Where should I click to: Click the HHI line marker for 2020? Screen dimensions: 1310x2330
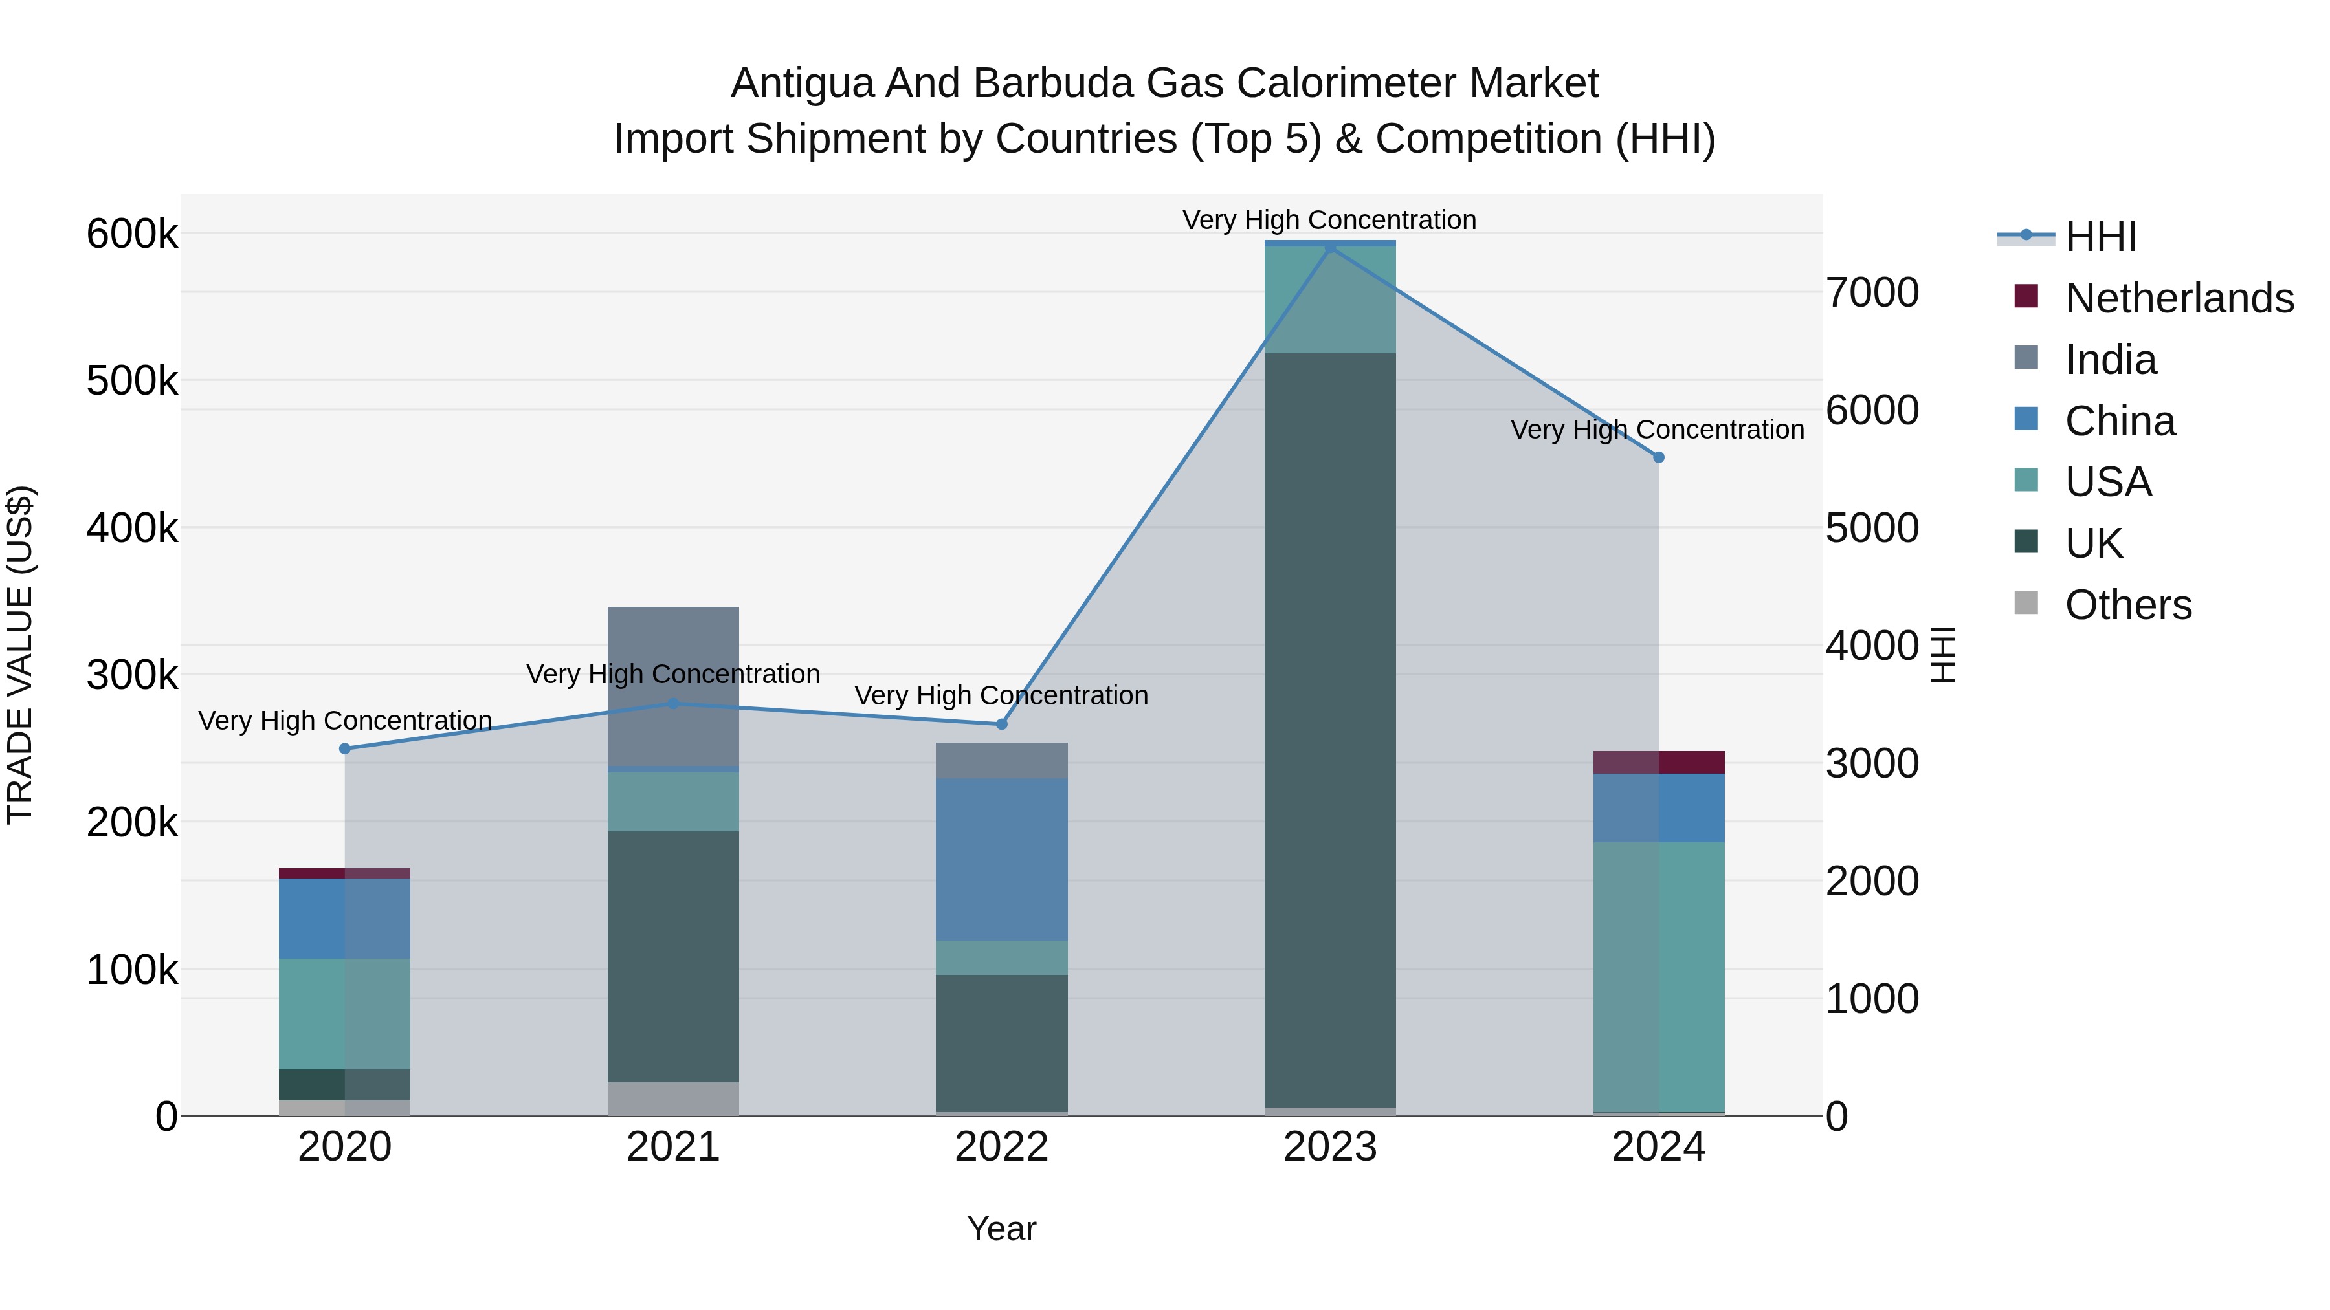344,748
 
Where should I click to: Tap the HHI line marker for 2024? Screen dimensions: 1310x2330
1659,457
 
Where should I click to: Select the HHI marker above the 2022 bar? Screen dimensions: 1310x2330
1001,724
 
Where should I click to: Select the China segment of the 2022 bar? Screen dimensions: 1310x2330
1001,859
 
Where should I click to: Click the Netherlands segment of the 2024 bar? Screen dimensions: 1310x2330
1659,762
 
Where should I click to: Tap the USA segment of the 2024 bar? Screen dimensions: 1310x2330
1659,976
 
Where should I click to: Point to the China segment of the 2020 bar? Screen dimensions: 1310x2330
344,917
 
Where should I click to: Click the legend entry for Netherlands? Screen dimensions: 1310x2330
2178,298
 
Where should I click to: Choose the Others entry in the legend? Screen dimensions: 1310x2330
2127,605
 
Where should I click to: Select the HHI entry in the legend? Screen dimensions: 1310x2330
2100,237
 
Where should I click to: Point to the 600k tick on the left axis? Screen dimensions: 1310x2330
132,234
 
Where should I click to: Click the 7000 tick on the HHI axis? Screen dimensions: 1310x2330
1871,293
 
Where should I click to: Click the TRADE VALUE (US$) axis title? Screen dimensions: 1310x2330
21,655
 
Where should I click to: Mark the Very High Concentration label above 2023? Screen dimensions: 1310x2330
1329,220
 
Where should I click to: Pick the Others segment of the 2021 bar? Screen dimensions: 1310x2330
673,1098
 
